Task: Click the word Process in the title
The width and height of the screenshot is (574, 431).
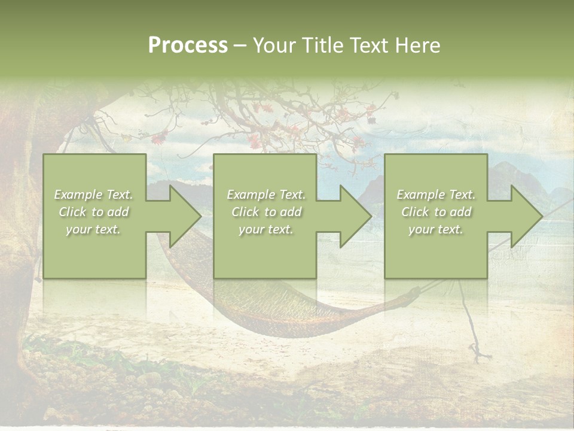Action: [188, 45]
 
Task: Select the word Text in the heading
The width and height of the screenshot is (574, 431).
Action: [370, 45]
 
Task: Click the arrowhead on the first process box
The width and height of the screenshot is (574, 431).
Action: [179, 216]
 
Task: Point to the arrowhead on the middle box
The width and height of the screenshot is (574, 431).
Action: [350, 216]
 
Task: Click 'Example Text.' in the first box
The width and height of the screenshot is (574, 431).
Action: [93, 195]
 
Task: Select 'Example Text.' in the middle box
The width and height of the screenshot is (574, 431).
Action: [265, 195]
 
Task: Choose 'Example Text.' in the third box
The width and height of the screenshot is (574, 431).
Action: [436, 195]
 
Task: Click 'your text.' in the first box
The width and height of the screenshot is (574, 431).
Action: [93, 229]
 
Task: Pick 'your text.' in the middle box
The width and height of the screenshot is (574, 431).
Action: [265, 229]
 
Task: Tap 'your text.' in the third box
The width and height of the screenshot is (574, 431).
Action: [436, 229]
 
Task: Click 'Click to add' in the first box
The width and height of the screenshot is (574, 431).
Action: [93, 212]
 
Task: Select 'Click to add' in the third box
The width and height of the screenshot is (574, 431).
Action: [436, 212]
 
